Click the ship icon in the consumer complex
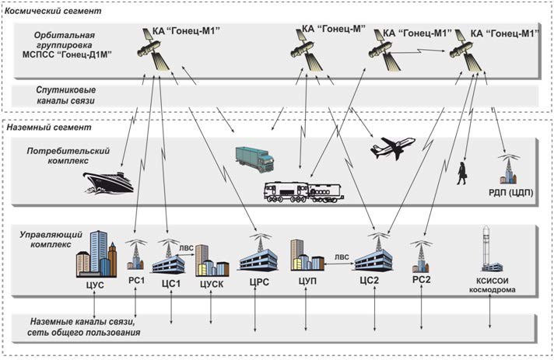point(108,182)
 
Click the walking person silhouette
point(461,173)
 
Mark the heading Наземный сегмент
point(48,127)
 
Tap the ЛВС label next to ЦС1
point(187,250)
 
